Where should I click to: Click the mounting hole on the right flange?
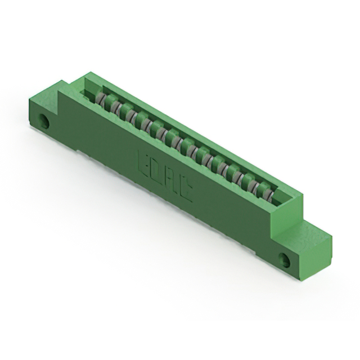pyautogui.click(x=285, y=260)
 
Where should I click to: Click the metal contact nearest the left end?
pyautogui.click(x=101, y=100)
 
